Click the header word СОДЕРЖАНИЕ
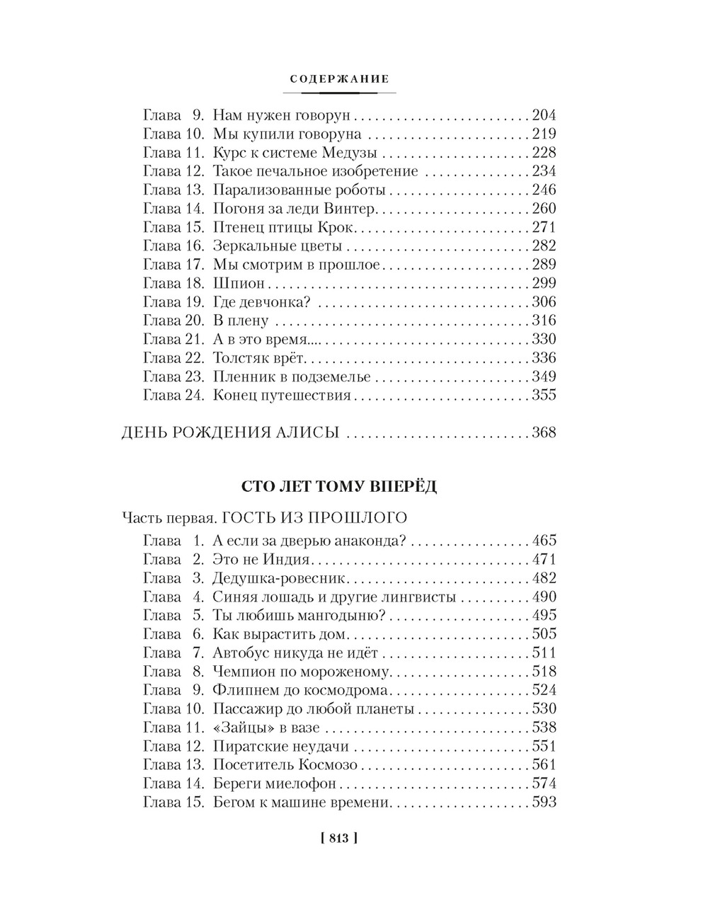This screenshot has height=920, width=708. tap(341, 79)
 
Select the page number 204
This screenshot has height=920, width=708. tap(543, 115)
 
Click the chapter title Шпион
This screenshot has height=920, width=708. tap(238, 283)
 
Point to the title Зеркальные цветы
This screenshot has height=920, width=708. tap(278, 246)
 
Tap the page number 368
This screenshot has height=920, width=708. tap(543, 432)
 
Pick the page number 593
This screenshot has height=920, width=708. tap(543, 803)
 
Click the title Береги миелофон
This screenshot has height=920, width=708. tap(274, 783)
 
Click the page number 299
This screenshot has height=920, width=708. tap(543, 283)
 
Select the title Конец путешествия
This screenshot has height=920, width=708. tap(282, 396)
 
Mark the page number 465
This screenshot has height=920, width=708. tap(543, 541)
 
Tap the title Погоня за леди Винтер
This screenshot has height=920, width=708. tap(295, 209)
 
